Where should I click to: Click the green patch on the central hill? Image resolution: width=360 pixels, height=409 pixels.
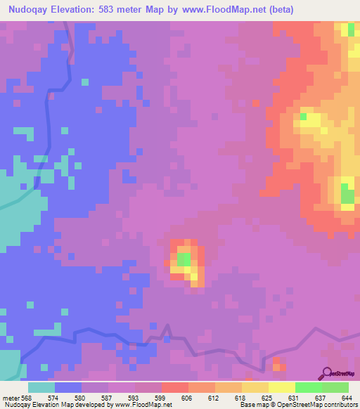click(183, 259)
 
